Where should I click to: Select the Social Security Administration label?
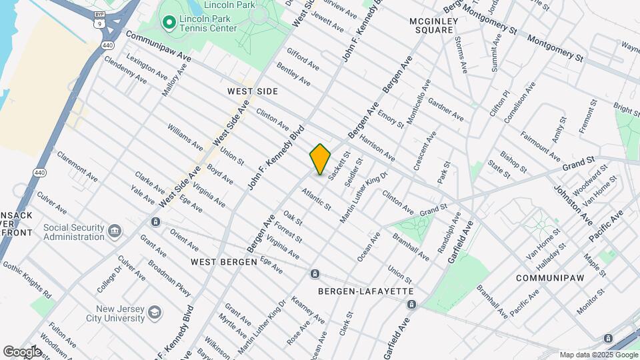tap(73, 232)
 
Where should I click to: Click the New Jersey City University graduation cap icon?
tap(154, 312)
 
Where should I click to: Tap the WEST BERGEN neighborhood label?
tap(223, 262)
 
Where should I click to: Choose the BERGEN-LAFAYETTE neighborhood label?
tap(366, 291)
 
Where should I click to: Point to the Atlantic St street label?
tap(316, 199)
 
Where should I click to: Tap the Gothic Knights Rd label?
tap(27, 279)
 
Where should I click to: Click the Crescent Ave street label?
tap(425, 150)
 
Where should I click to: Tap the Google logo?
tap(21, 351)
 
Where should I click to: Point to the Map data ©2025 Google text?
tap(597, 355)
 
